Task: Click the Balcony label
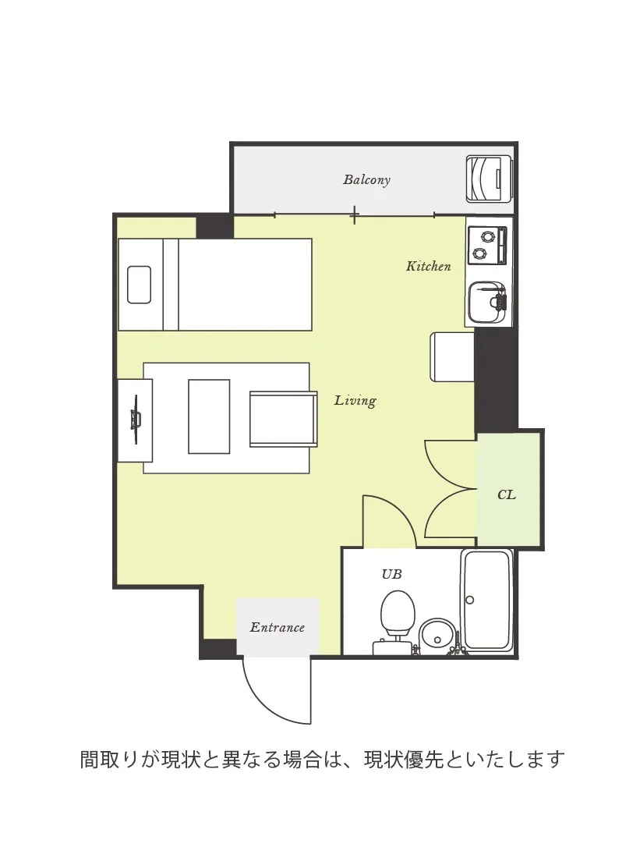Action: [x=366, y=179]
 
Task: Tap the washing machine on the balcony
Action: [x=489, y=179]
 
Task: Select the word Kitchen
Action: [x=428, y=266]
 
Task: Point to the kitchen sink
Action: [x=486, y=303]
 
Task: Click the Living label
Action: [x=355, y=401]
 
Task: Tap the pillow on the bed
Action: [x=140, y=285]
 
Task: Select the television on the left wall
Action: [x=135, y=420]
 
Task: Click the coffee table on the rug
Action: [x=209, y=416]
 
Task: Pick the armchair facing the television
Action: [x=283, y=419]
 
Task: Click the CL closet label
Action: [x=506, y=494]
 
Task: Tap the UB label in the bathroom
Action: [x=391, y=573]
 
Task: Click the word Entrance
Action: [x=277, y=627]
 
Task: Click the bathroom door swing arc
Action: [x=398, y=509]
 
